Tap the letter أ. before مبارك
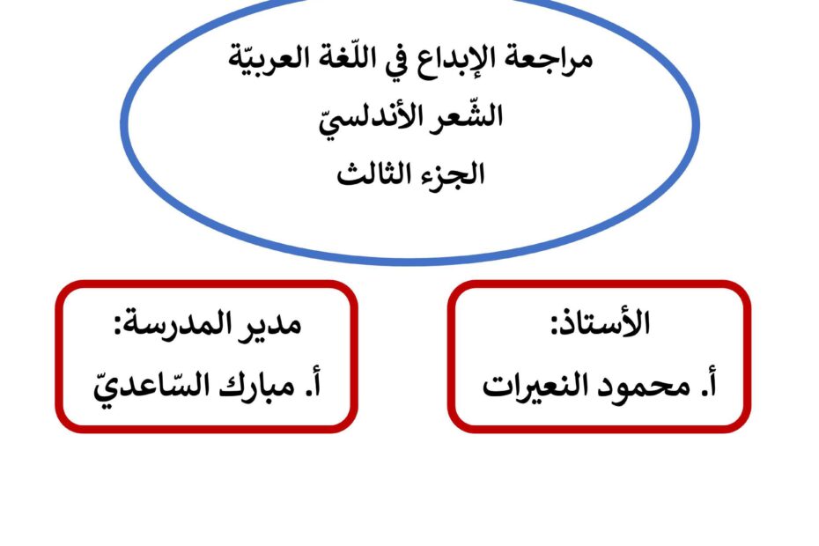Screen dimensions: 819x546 312,385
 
